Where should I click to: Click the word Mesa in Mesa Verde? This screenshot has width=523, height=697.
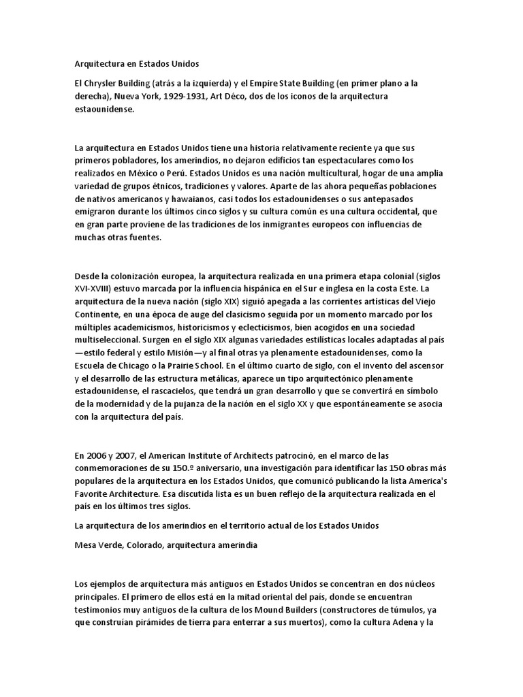tap(86, 545)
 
